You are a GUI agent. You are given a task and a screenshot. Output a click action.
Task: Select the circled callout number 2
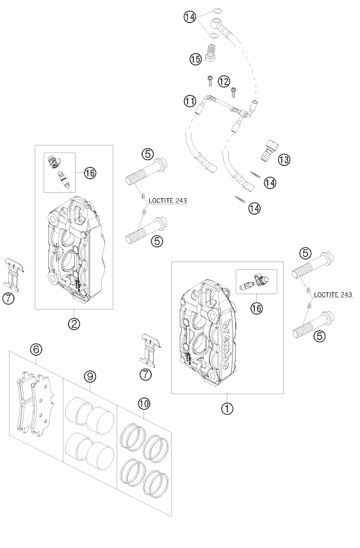point(74,324)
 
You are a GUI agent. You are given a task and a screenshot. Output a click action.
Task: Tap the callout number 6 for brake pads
point(36,349)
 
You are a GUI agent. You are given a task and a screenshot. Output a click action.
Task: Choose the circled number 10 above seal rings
point(143,403)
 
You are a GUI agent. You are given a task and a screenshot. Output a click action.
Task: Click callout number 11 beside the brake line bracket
point(189,101)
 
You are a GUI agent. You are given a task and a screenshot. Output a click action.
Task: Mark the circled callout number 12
point(223,81)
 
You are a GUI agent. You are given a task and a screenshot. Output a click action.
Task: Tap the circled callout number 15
point(195,58)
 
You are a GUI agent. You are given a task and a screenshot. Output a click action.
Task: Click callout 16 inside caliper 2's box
point(90,172)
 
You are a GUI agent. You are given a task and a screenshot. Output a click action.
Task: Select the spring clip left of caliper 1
point(150,351)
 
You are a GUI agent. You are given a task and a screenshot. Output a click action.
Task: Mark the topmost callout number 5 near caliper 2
point(148,154)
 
